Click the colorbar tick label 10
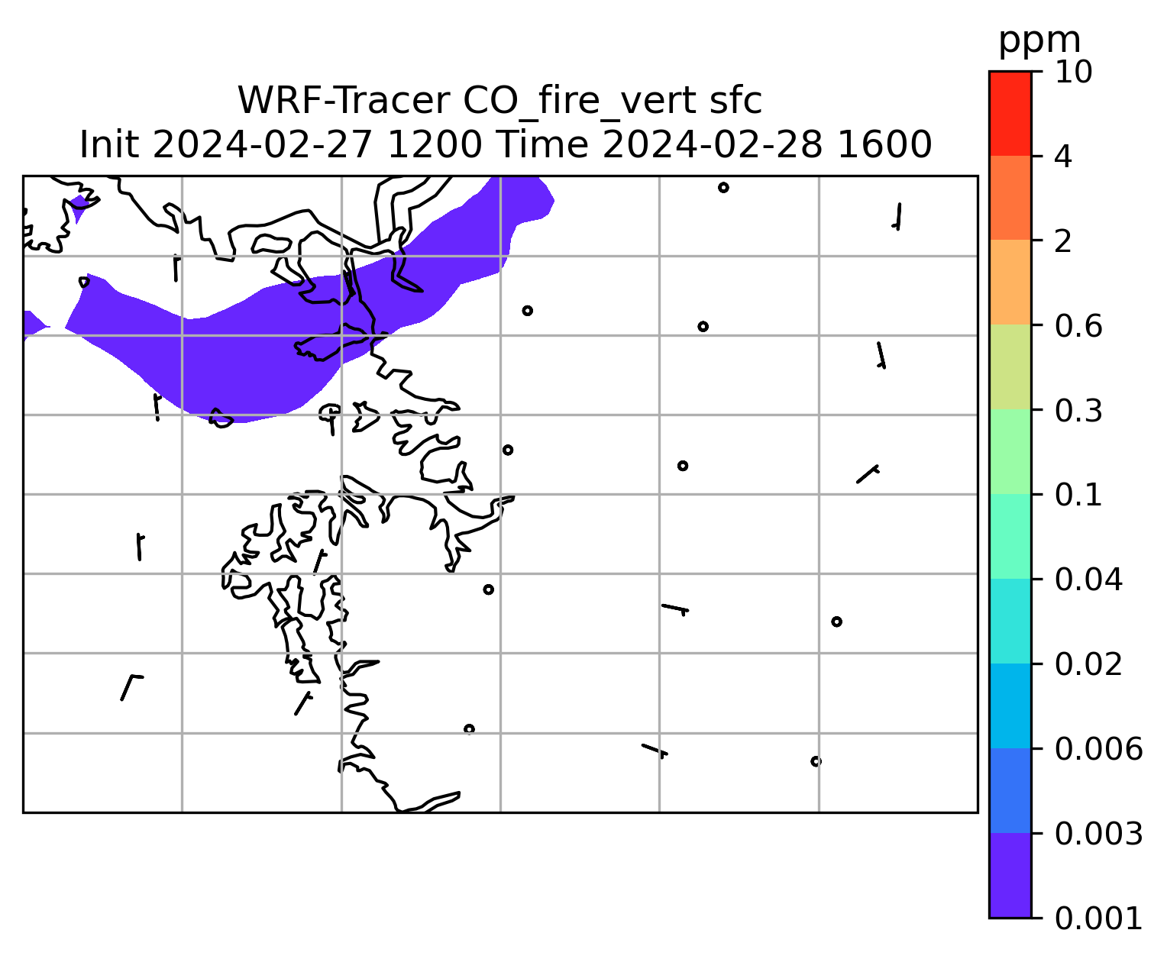coord(1073,72)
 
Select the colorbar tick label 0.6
coord(1078,326)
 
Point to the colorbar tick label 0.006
coord(1098,749)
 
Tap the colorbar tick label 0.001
coord(1098,919)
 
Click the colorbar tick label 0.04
coord(1088,580)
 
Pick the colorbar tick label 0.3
coord(1078,411)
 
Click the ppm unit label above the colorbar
coord(1039,41)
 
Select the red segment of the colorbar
coord(1010,113)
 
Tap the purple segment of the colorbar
coord(1010,876)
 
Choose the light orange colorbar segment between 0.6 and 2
coord(1010,282)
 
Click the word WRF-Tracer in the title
coord(343,101)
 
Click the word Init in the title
coord(109,145)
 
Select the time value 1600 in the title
coord(884,145)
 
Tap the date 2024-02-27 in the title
coord(262,145)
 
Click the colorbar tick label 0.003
coord(1098,834)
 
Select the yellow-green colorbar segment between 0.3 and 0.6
coord(1010,366)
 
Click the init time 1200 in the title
coord(435,145)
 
